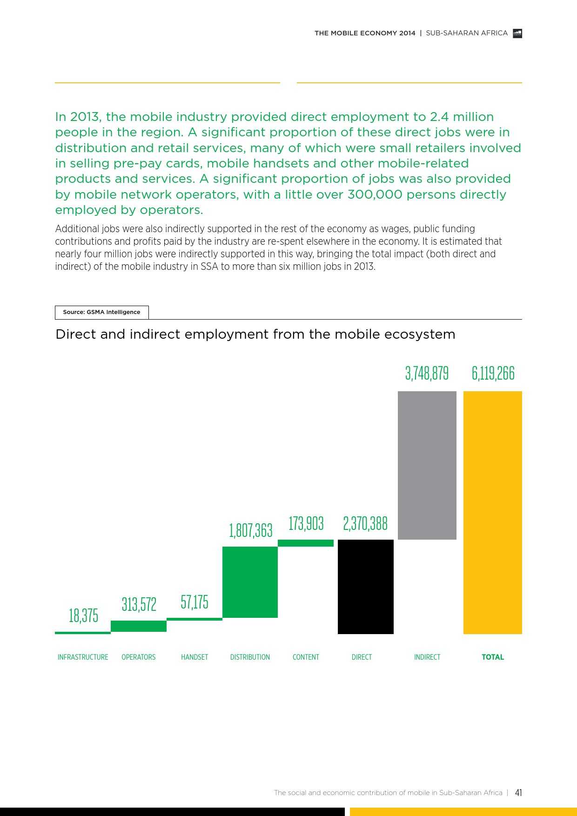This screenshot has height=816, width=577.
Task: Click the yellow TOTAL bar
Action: pyautogui.click(x=492, y=512)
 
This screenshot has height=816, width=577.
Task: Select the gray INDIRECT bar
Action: pyautogui.click(x=427, y=465)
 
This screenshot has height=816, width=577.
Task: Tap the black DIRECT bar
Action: pyautogui.click(x=365, y=587)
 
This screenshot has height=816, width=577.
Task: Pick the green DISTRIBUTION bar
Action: pyautogui.click(x=250, y=582)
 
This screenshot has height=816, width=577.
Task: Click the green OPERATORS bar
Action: pyautogui.click(x=138, y=626)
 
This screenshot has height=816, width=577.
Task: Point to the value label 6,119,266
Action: pyautogui.click(x=493, y=373)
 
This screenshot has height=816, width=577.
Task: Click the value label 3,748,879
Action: pyautogui.click(x=427, y=373)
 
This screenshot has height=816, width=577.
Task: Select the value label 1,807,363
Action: pyautogui.click(x=250, y=530)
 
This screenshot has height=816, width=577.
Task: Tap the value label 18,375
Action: pyautogui.click(x=83, y=615)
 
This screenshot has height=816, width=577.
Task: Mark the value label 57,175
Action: pyautogui.click(x=195, y=602)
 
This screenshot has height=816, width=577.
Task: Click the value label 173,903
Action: pyautogui.click(x=306, y=523)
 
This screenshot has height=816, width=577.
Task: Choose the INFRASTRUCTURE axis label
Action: pyautogui.click(x=83, y=657)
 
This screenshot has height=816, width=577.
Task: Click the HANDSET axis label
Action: pyautogui.click(x=195, y=657)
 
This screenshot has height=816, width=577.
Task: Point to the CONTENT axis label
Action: pyautogui.click(x=306, y=657)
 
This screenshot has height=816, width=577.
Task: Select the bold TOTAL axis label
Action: pyautogui.click(x=493, y=657)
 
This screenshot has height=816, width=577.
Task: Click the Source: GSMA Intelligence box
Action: pyautogui.click(x=101, y=312)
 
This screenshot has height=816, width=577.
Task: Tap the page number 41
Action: pyautogui.click(x=518, y=793)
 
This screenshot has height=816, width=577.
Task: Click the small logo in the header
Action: pyautogui.click(x=517, y=33)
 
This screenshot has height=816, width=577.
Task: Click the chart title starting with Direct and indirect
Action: pyautogui.click(x=255, y=334)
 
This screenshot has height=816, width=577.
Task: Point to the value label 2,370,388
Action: pyautogui.click(x=365, y=523)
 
